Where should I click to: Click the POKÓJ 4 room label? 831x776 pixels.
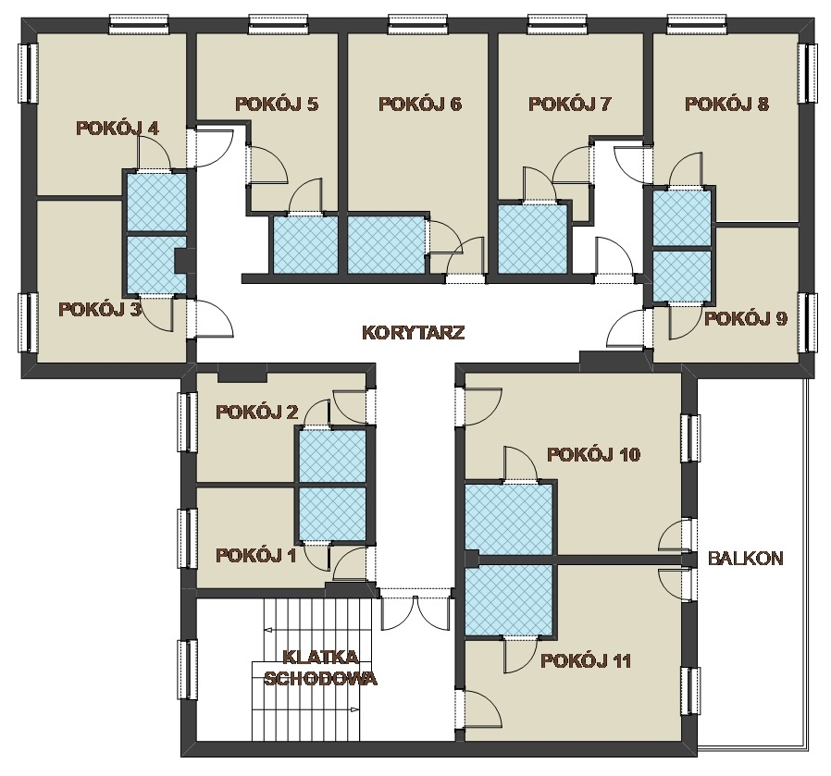[118, 129]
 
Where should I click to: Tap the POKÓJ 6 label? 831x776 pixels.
[420, 104]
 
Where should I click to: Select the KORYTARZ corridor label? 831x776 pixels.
[414, 333]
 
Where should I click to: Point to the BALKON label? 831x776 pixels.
[746, 559]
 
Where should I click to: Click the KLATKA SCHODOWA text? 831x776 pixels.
[320, 668]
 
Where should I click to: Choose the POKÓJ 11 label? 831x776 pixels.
[586, 661]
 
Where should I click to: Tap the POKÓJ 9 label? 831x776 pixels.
[746, 318]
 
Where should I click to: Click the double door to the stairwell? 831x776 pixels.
[416, 610]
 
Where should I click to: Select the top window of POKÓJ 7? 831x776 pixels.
[557, 24]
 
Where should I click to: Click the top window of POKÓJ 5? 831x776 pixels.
[279, 24]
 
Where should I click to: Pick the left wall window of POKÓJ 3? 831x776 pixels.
[29, 323]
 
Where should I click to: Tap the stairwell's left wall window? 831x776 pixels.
[188, 671]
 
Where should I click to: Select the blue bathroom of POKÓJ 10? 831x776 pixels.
[509, 520]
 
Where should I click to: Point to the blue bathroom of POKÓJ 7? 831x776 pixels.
[533, 239]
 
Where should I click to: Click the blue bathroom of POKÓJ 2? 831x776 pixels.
[332, 457]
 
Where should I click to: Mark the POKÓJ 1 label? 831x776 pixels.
[256, 555]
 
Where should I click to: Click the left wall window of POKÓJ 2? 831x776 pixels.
[188, 422]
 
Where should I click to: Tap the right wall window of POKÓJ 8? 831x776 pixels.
[807, 72]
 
